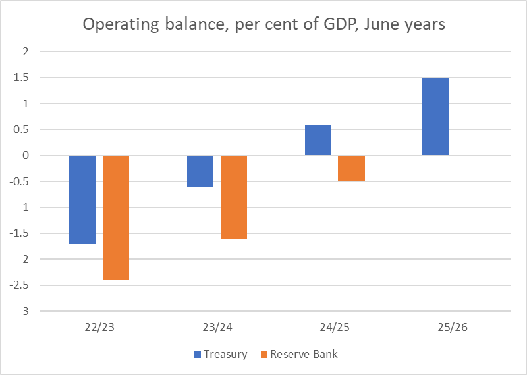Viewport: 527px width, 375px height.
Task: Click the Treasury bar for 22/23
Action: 82,200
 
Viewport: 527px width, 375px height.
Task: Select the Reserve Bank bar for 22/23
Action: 116,217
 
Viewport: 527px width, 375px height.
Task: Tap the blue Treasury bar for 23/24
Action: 200,171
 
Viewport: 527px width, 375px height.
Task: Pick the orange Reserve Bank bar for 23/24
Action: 234,197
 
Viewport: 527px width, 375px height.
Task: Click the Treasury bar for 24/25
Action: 318,140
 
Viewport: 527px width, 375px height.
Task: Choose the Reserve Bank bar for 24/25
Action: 351,169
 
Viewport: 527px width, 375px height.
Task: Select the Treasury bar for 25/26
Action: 435,117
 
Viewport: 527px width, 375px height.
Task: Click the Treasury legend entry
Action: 221,354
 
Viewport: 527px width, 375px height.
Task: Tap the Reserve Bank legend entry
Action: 299,354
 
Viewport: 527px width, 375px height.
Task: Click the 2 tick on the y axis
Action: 26,51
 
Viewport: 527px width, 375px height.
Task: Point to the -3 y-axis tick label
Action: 24,311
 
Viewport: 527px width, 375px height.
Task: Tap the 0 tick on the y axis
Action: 26,156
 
